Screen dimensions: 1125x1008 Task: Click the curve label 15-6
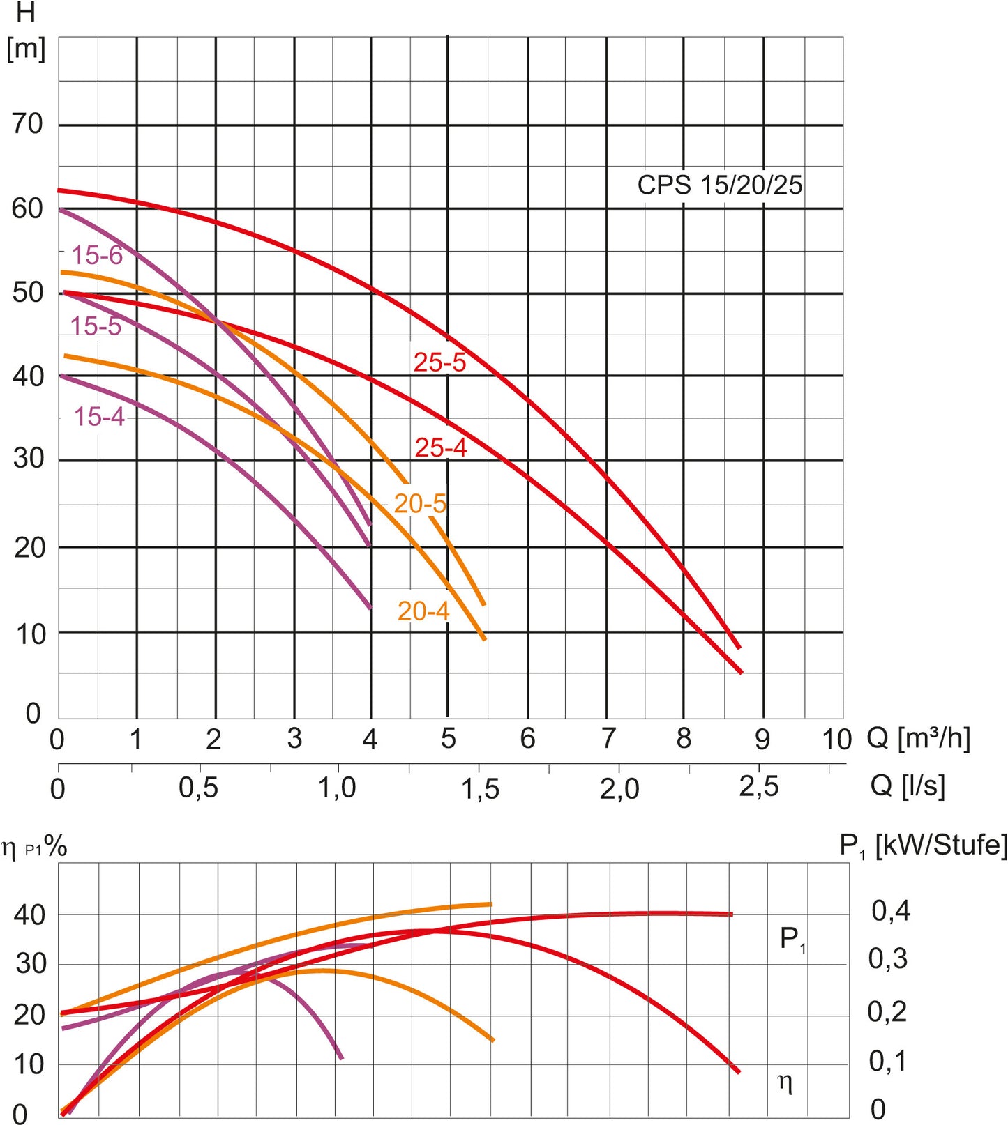pyautogui.click(x=97, y=255)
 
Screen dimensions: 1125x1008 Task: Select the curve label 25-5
pyautogui.click(x=439, y=362)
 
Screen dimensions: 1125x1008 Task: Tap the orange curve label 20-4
pyautogui.click(x=423, y=611)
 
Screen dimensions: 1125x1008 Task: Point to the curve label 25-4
pyautogui.click(x=441, y=447)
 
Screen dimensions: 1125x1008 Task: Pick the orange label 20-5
pyautogui.click(x=420, y=503)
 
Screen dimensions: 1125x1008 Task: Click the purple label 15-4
pyautogui.click(x=99, y=417)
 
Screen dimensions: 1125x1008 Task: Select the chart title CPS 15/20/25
pyautogui.click(x=719, y=185)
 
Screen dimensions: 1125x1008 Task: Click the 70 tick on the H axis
pyautogui.click(x=28, y=124)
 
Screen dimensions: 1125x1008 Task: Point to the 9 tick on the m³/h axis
pyautogui.click(x=762, y=740)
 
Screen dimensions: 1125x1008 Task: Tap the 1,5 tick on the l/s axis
pyautogui.click(x=480, y=789)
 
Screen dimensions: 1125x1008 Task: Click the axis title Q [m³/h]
pyautogui.click(x=918, y=737)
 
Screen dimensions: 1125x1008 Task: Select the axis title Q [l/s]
pyautogui.click(x=908, y=786)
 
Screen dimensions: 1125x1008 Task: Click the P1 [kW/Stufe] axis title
pyautogui.click(x=923, y=845)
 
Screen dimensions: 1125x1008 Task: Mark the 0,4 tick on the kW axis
pyautogui.click(x=891, y=910)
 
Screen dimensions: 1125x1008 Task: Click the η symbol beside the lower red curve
pyautogui.click(x=785, y=1082)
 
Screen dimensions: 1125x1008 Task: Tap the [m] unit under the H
pyautogui.click(x=26, y=49)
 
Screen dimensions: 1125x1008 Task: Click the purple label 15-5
pyautogui.click(x=96, y=326)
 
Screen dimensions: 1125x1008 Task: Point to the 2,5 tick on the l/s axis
pyautogui.click(x=758, y=788)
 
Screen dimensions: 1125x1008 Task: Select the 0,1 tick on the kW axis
pyautogui.click(x=887, y=1061)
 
